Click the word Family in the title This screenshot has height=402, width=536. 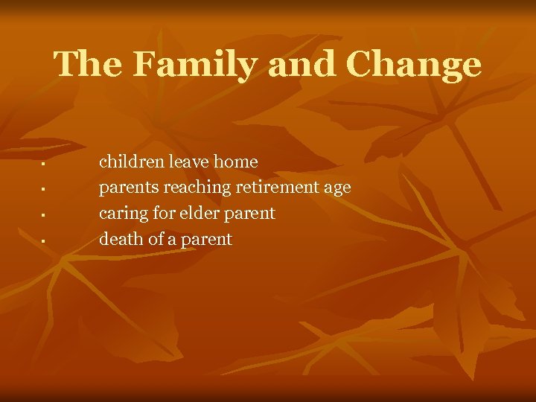point(195,65)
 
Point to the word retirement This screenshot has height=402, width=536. point(278,188)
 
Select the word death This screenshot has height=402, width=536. point(119,239)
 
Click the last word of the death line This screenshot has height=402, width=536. point(208,240)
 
